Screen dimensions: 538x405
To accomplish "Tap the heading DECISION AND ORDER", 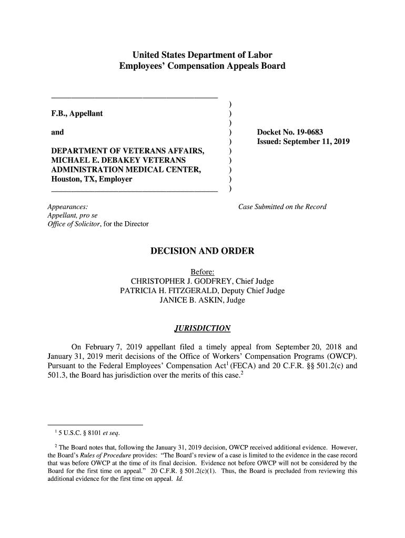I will (x=202, y=251).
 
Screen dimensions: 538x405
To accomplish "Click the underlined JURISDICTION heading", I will (x=202, y=329).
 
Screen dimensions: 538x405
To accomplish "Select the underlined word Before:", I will (x=202, y=271).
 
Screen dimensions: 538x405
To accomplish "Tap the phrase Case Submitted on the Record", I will (x=282, y=206).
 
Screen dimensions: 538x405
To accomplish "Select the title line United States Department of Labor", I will (x=202, y=55).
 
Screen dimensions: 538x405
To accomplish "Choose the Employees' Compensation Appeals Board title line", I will (x=202, y=66).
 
